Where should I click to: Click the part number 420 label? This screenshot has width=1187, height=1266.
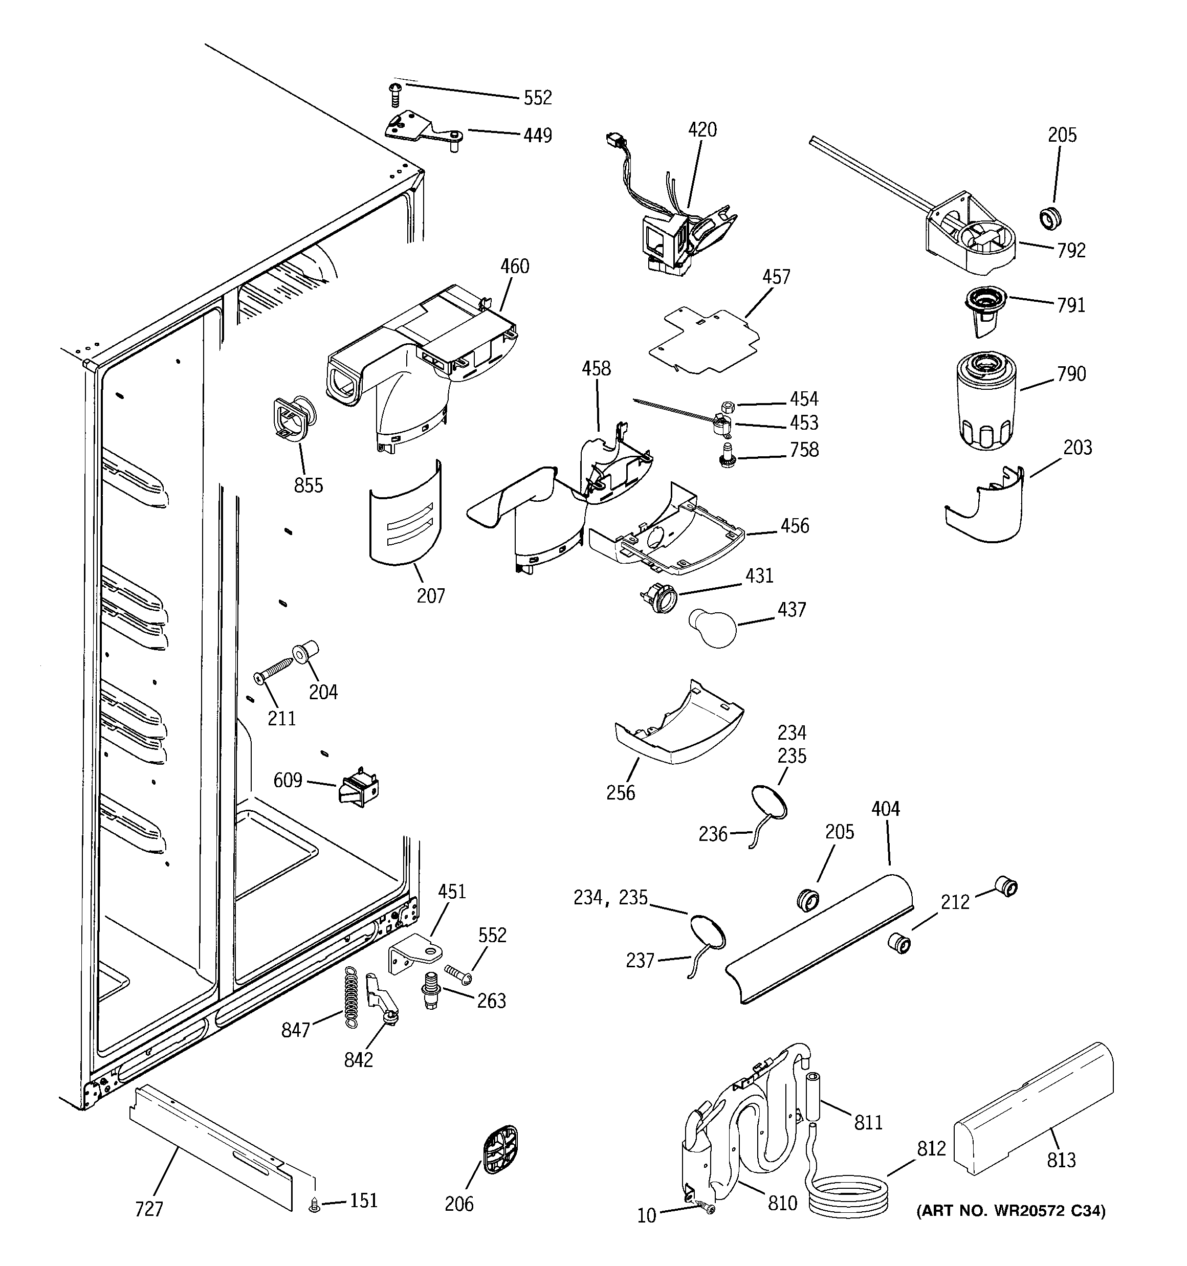coord(702,130)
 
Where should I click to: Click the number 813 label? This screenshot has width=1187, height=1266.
coord(1061,1160)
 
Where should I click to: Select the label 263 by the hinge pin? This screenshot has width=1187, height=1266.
coord(491,1001)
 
